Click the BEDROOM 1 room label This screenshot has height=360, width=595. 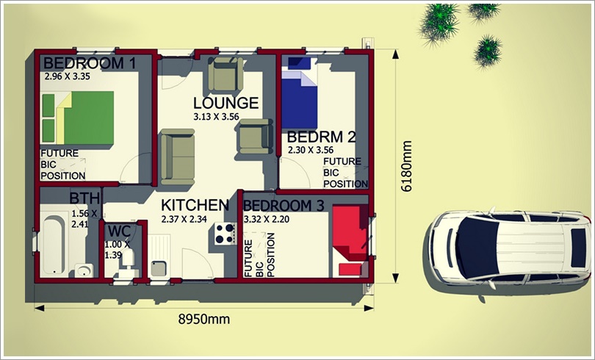click(90, 63)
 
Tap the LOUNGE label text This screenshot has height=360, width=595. click(226, 103)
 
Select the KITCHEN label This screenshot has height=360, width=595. click(195, 205)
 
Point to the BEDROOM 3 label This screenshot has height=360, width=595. click(284, 206)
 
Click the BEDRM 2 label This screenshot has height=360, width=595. click(322, 137)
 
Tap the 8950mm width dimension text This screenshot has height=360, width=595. click(204, 320)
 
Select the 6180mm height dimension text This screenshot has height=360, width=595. click(406, 166)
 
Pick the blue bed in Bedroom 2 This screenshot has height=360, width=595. click(300, 93)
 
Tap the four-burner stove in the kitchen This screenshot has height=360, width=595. click(225, 234)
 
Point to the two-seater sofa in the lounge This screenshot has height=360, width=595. click(178, 156)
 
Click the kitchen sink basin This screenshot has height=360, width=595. click(159, 269)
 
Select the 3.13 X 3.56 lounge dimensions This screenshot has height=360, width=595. click(216, 117)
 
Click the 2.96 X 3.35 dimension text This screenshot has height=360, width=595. click(67, 76)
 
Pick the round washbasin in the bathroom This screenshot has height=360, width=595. click(84, 270)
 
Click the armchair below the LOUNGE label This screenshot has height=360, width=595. click(256, 136)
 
